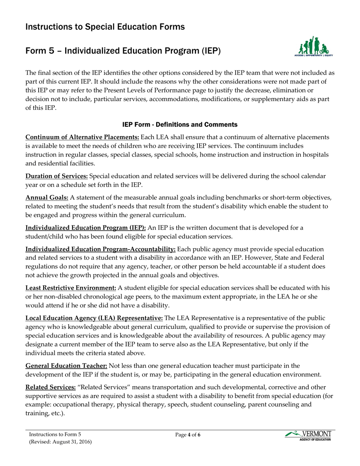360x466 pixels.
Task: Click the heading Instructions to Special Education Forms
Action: [x=105, y=27]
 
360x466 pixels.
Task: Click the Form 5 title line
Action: [x=123, y=51]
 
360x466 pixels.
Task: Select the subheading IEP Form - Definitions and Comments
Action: [x=180, y=125]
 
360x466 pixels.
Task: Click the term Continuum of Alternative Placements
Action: [x=82, y=137]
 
